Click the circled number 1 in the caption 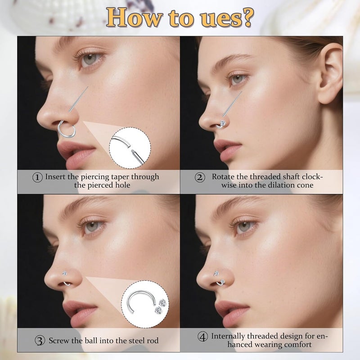38,177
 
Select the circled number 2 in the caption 200,177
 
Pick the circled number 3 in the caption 41,341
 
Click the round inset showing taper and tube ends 130,148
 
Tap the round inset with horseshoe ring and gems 141,303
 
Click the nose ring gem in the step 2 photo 222,123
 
